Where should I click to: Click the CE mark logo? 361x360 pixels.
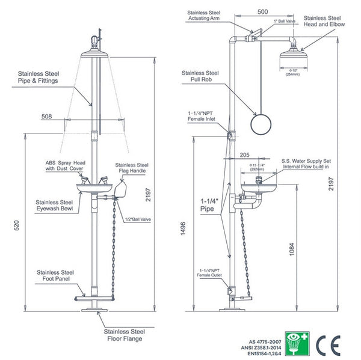tap(332, 343)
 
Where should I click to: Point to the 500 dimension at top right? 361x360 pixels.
tap(262, 11)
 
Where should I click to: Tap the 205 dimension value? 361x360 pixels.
tap(244, 154)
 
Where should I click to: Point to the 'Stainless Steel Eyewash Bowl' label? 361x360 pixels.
tap(54, 206)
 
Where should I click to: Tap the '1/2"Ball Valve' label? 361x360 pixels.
tap(138, 219)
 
